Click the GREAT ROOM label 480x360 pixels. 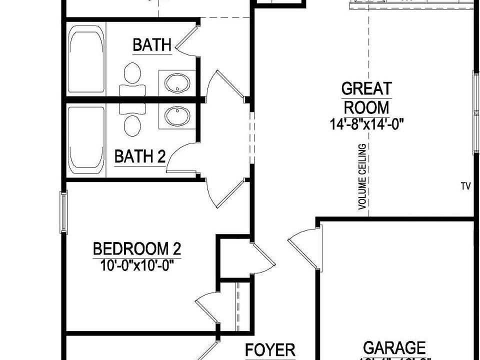(366, 98)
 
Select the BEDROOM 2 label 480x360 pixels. (137, 248)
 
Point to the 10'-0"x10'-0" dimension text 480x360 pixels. (137, 263)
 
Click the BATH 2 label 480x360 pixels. (139, 157)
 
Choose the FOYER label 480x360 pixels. (270, 349)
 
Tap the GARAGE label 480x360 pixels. (394, 347)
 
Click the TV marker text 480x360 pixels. (466, 186)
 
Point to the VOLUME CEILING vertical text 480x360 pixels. (362, 176)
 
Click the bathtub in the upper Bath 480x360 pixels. (87, 59)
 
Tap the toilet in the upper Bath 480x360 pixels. (132, 73)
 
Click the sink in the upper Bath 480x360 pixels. (176, 82)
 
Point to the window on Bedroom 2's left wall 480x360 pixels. (63, 212)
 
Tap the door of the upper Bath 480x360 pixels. (187, 38)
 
